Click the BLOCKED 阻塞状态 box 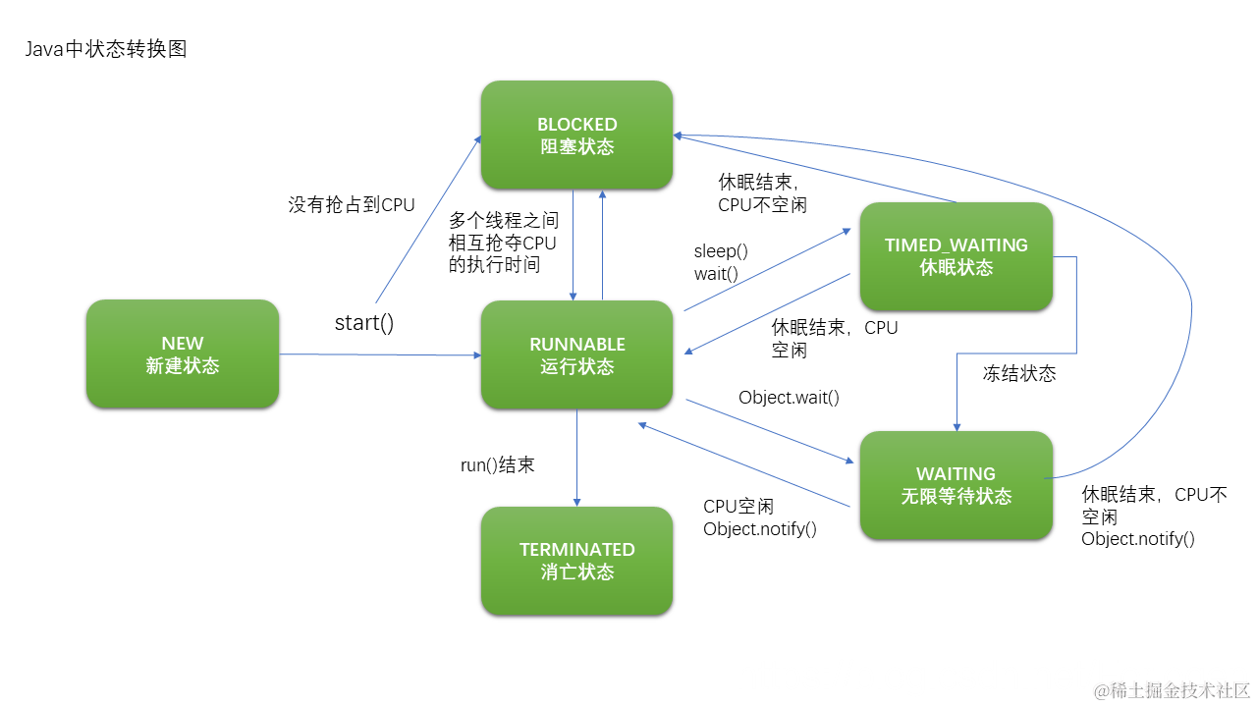pos(576,136)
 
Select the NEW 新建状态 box pos(183,354)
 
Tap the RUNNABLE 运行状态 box pos(576,355)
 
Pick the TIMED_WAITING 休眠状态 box pos(956,256)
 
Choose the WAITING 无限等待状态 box pos(956,485)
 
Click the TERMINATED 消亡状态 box pos(576,561)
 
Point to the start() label pos(364,322)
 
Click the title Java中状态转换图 pos(106,49)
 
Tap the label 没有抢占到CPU pos(352,205)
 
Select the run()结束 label pos(498,465)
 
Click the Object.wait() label pos(789,398)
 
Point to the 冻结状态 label pos(1019,374)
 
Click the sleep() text pos(721,251)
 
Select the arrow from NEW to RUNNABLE pos(379,354)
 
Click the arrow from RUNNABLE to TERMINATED pos(576,458)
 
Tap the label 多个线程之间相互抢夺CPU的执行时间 pos(503,243)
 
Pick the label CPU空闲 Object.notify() pos(759,517)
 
